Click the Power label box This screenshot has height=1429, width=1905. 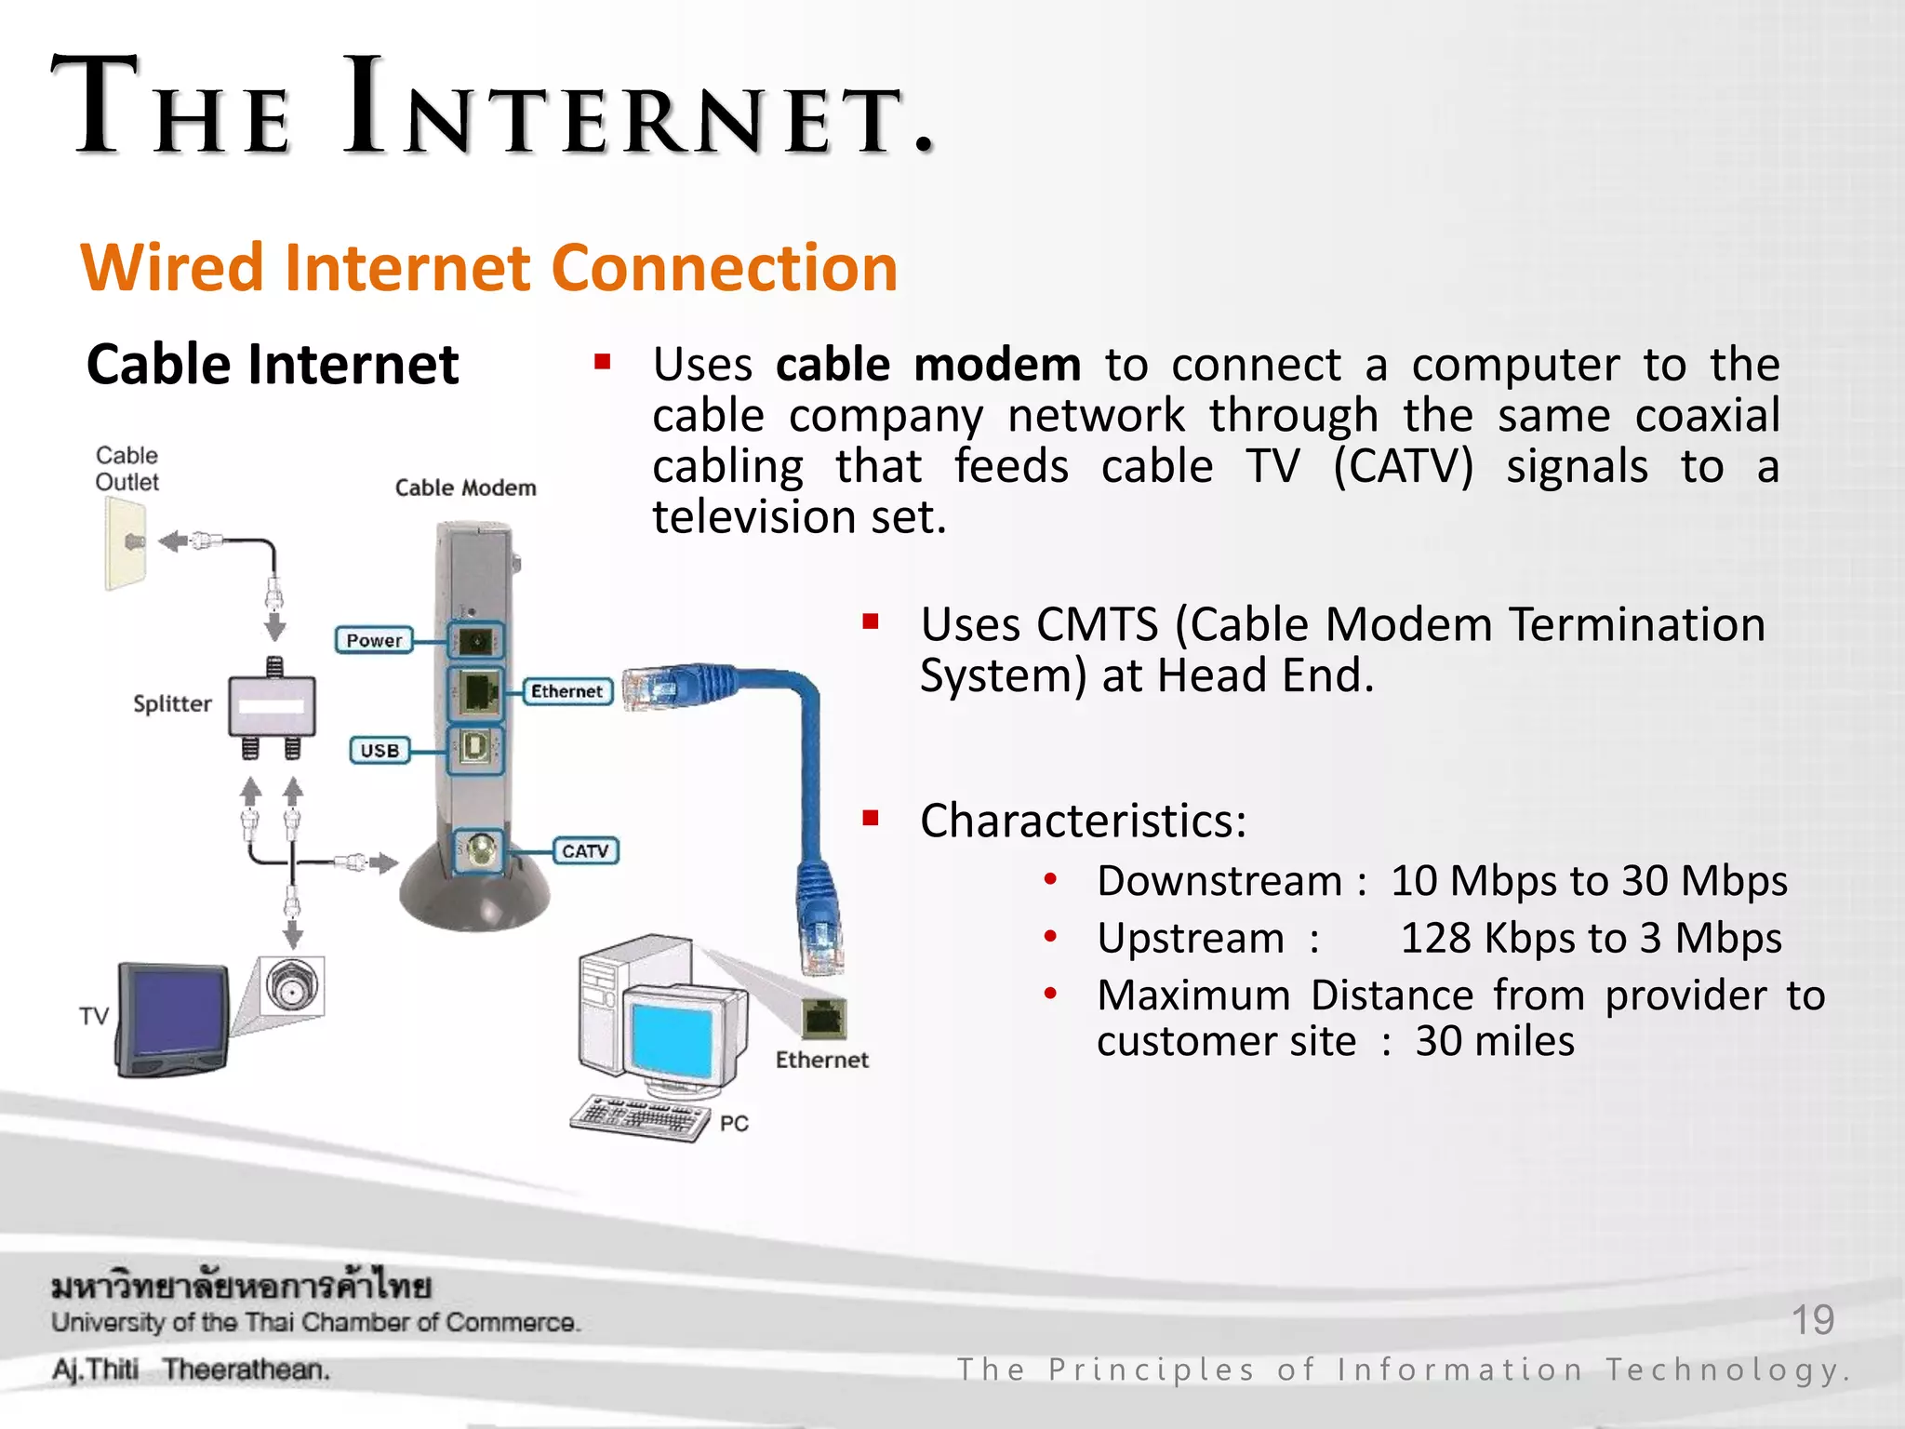tap(373, 640)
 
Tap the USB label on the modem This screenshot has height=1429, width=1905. tap(380, 750)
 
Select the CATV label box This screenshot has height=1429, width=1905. tap(585, 850)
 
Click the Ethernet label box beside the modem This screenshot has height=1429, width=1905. tap(566, 691)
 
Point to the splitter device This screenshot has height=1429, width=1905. tap(273, 706)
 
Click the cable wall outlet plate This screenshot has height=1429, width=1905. tap(126, 543)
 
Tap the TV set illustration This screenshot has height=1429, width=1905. tap(173, 1020)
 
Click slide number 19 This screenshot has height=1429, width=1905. tap(1812, 1319)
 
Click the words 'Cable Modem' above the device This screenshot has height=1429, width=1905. tap(465, 487)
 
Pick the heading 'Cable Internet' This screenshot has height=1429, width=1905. tap(273, 364)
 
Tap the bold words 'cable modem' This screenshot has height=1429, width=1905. tap(927, 364)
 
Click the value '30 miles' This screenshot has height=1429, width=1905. tap(1495, 1041)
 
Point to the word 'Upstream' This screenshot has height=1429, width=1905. tap(1190, 938)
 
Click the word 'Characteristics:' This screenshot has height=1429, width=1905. tap(1083, 821)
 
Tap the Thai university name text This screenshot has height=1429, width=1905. tap(241, 1287)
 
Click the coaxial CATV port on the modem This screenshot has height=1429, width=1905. tap(480, 850)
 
